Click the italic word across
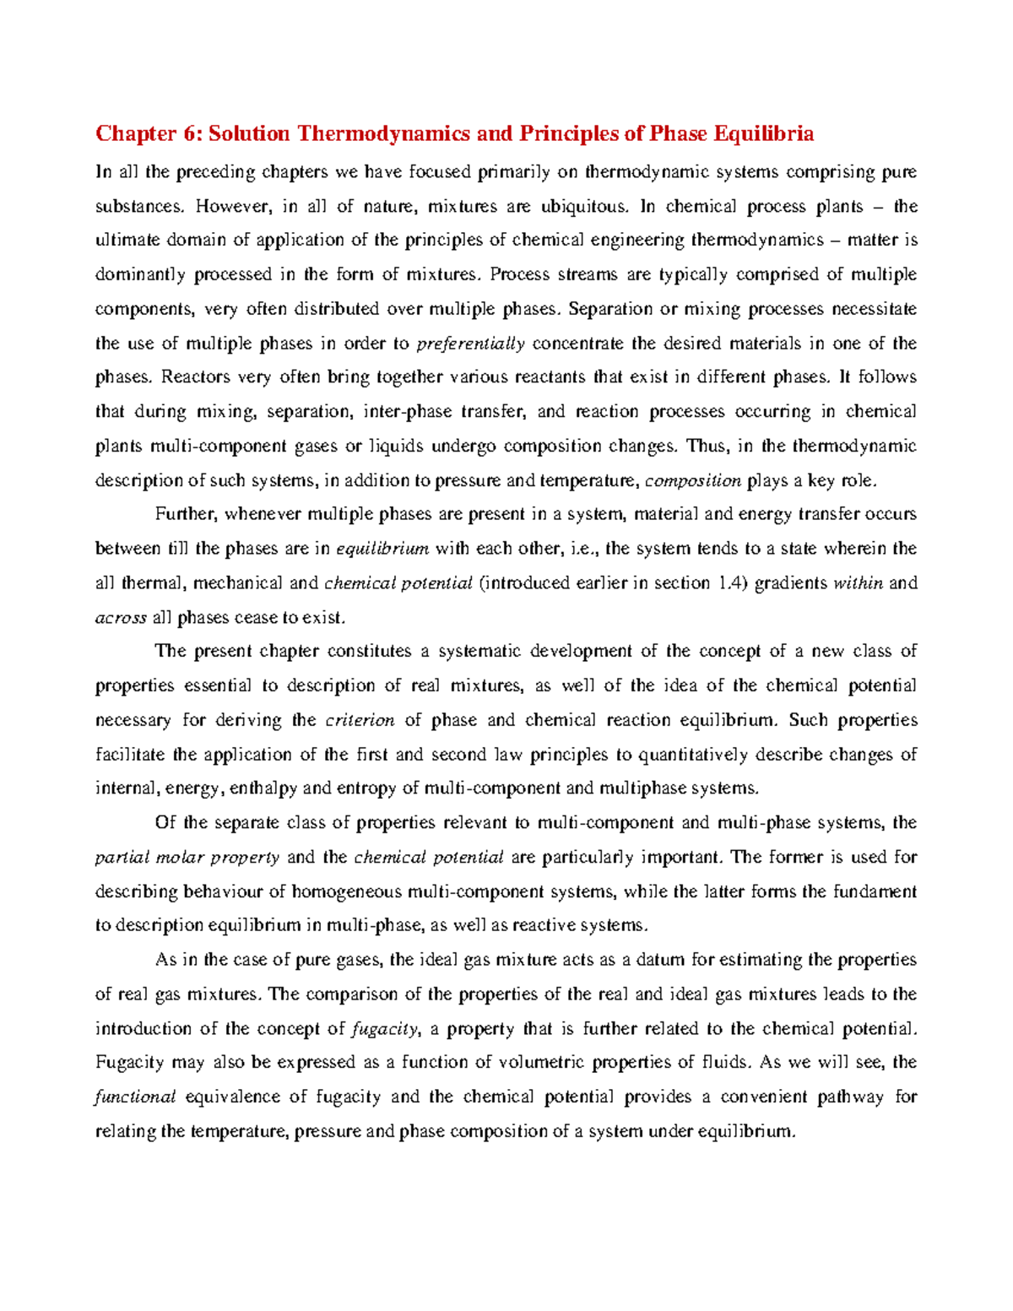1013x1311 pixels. click(x=121, y=618)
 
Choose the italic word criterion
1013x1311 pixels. click(x=360, y=720)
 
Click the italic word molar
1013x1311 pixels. click(x=178, y=858)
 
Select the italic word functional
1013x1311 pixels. click(x=135, y=1097)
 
